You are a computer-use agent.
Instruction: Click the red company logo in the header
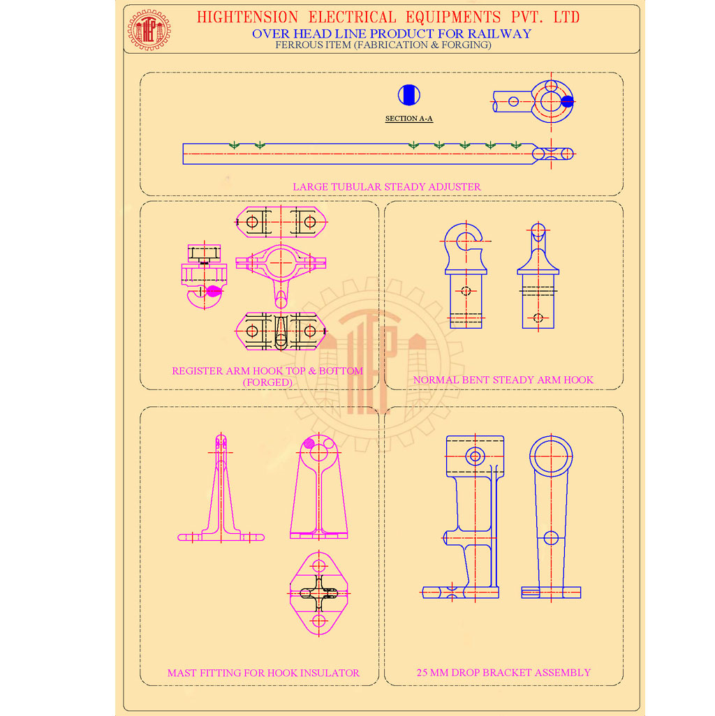149,30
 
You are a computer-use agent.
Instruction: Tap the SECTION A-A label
409,119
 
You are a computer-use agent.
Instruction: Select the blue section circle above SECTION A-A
409,95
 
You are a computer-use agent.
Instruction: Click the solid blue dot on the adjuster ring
567,102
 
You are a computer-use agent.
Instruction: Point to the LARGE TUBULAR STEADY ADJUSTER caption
387,187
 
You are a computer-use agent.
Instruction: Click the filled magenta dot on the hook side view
214,291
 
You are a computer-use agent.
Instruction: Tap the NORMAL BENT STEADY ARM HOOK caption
503,380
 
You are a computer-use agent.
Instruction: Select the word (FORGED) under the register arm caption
267,382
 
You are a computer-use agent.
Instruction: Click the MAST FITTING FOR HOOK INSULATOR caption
263,673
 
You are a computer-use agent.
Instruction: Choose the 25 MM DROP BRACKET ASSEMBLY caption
503,673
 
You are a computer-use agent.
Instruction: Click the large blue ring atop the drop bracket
551,456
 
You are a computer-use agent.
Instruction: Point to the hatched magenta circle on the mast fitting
309,443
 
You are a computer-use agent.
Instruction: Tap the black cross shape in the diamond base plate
319,594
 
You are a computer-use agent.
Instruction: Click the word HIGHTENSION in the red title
247,17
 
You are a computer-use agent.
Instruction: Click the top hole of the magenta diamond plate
319,566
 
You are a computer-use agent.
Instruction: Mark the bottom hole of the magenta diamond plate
319,621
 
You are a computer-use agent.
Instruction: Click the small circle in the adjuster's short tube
513,101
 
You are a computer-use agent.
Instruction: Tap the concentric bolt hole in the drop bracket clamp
475,456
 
